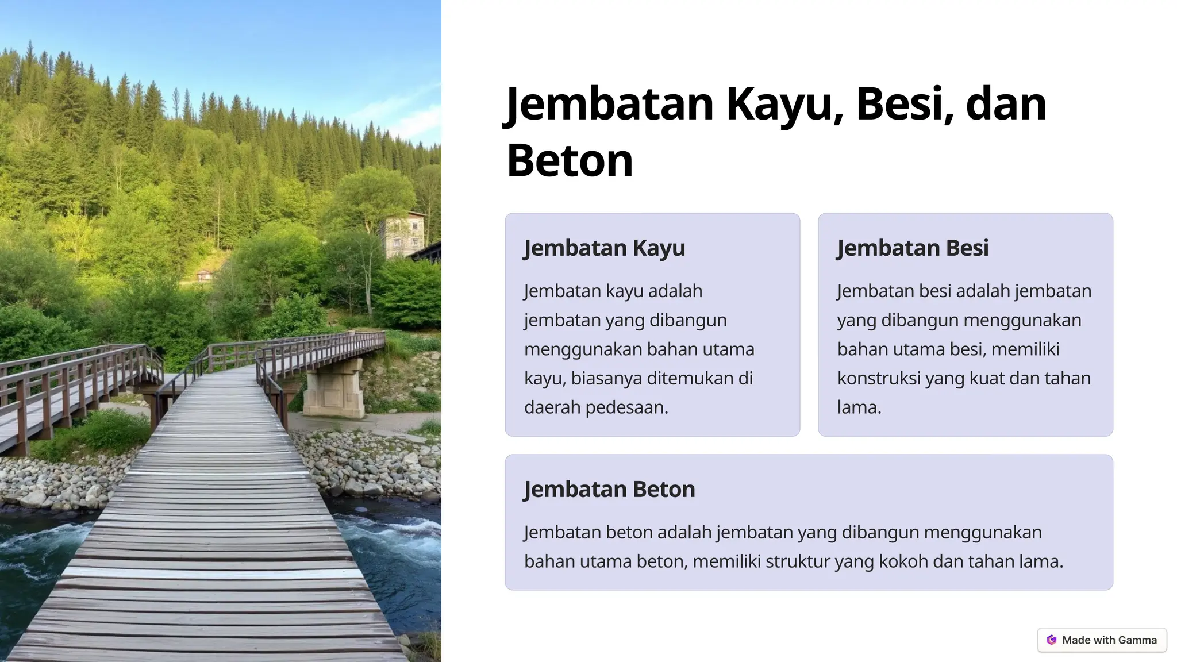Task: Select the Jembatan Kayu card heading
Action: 604,248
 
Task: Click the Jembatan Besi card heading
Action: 912,248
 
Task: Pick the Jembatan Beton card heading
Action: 609,489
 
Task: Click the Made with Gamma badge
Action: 1102,640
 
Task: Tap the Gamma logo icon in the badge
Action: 1052,640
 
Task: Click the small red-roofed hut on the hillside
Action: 204,275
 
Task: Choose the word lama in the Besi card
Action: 859,407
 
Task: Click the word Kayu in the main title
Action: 784,104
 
